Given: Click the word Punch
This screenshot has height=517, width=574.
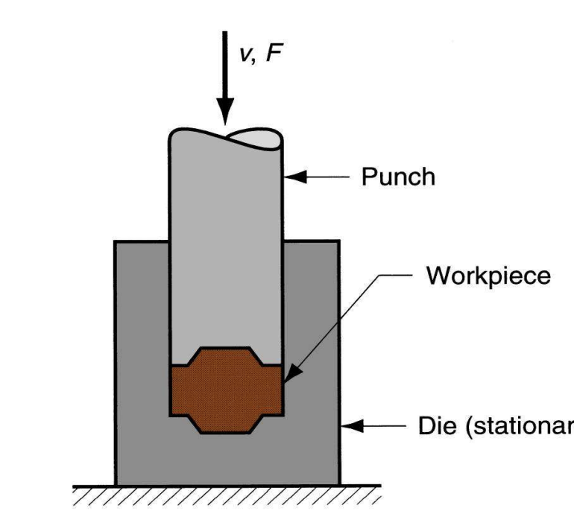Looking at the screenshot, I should point(398,177).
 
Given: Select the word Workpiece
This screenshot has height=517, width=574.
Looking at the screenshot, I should point(488,275).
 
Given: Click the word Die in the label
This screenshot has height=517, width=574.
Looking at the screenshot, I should point(426,427).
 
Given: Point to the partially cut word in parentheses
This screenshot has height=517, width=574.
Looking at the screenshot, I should point(515,428).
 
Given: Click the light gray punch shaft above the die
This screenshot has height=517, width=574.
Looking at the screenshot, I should point(226,194).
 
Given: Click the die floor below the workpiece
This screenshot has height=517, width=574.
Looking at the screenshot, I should point(226,458).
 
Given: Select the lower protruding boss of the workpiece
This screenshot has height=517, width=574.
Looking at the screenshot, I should point(226,423).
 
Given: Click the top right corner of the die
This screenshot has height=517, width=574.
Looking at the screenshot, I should point(339,241).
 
